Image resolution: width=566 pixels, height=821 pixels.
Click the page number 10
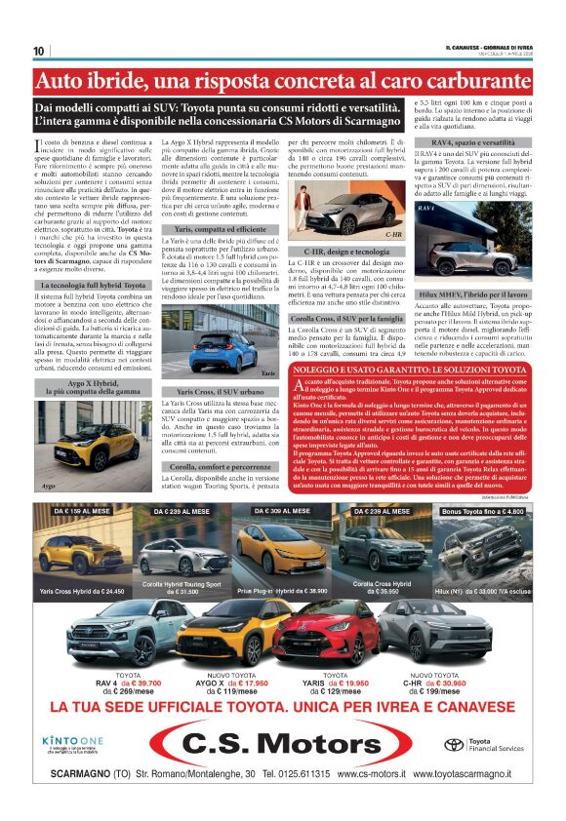click(38, 51)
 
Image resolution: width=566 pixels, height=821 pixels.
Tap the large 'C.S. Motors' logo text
click(283, 745)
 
